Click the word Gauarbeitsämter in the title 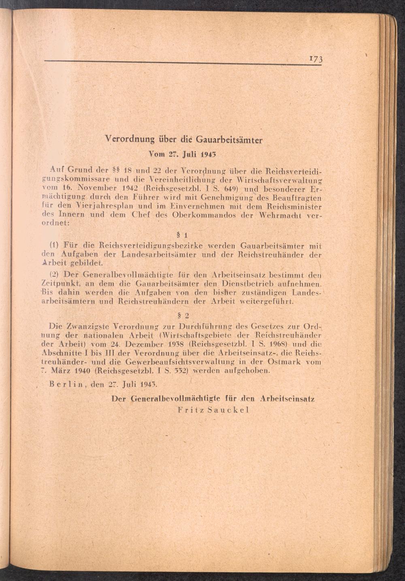click(229, 140)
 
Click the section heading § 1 click(181, 235)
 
